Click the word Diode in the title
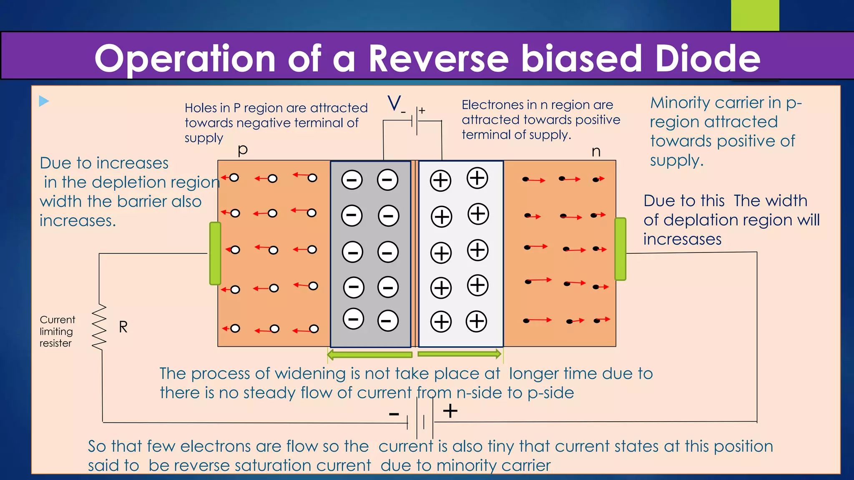click(x=707, y=58)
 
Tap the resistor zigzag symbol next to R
click(x=99, y=327)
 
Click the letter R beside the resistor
click(x=123, y=327)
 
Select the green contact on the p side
click(x=215, y=253)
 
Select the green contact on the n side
click(x=620, y=249)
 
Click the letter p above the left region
click(x=243, y=150)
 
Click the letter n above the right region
click(x=596, y=152)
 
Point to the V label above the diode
click(x=394, y=103)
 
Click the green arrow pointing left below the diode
click(x=369, y=355)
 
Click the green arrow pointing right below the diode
click(x=459, y=354)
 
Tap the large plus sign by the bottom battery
click(x=450, y=411)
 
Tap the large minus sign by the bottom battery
click(x=394, y=414)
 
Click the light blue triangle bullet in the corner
click(x=43, y=101)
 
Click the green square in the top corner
click(x=755, y=15)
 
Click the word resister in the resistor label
click(x=55, y=343)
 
